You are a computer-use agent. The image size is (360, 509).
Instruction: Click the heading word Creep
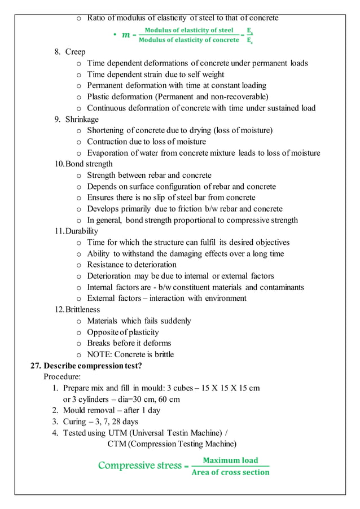click(75, 52)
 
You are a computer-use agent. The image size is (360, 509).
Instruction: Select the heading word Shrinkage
click(81, 119)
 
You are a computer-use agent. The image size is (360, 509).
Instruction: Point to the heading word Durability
click(82, 231)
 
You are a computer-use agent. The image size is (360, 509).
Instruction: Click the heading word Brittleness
click(83, 309)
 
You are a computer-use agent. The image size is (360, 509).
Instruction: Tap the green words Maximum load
click(230, 460)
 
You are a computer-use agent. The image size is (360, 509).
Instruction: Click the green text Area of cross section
click(230, 472)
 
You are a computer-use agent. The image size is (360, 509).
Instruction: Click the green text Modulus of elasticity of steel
click(188, 30)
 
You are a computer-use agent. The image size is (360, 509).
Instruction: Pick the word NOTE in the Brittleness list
click(99, 354)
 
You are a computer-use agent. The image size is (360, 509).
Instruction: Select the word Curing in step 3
click(74, 422)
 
